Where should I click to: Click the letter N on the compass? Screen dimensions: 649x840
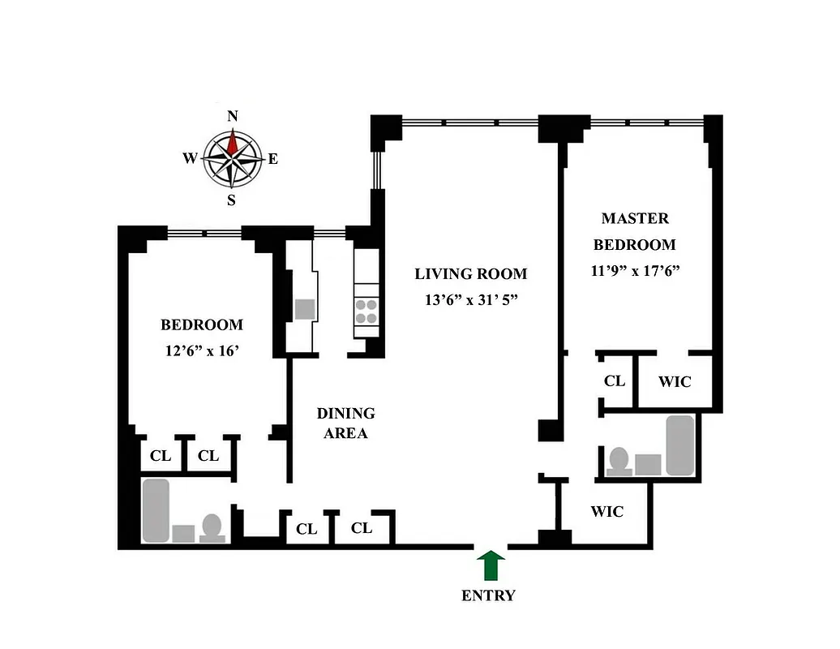(x=233, y=116)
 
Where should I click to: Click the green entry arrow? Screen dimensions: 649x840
(x=490, y=565)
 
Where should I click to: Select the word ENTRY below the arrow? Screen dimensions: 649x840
(x=488, y=595)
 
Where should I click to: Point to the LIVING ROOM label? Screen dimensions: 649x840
(x=470, y=274)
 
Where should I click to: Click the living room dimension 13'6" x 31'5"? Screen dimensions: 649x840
(x=470, y=300)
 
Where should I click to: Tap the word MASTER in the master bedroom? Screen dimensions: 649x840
(x=635, y=218)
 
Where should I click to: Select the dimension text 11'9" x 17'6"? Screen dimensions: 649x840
(x=635, y=271)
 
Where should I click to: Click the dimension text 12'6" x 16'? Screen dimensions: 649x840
(x=201, y=351)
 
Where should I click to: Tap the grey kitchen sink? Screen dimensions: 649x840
(x=305, y=308)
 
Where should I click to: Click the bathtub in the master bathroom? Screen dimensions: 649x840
(x=679, y=445)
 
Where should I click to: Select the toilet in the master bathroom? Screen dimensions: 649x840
(x=620, y=461)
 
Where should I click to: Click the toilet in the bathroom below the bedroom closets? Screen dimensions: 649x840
(x=212, y=527)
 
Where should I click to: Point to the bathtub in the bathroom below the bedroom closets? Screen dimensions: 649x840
(x=156, y=510)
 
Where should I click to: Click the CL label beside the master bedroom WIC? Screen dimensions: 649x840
(x=615, y=380)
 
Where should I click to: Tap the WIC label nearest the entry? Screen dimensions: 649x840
(x=606, y=512)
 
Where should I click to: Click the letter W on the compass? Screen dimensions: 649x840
(x=190, y=159)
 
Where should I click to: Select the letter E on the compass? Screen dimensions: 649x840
(x=273, y=159)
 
